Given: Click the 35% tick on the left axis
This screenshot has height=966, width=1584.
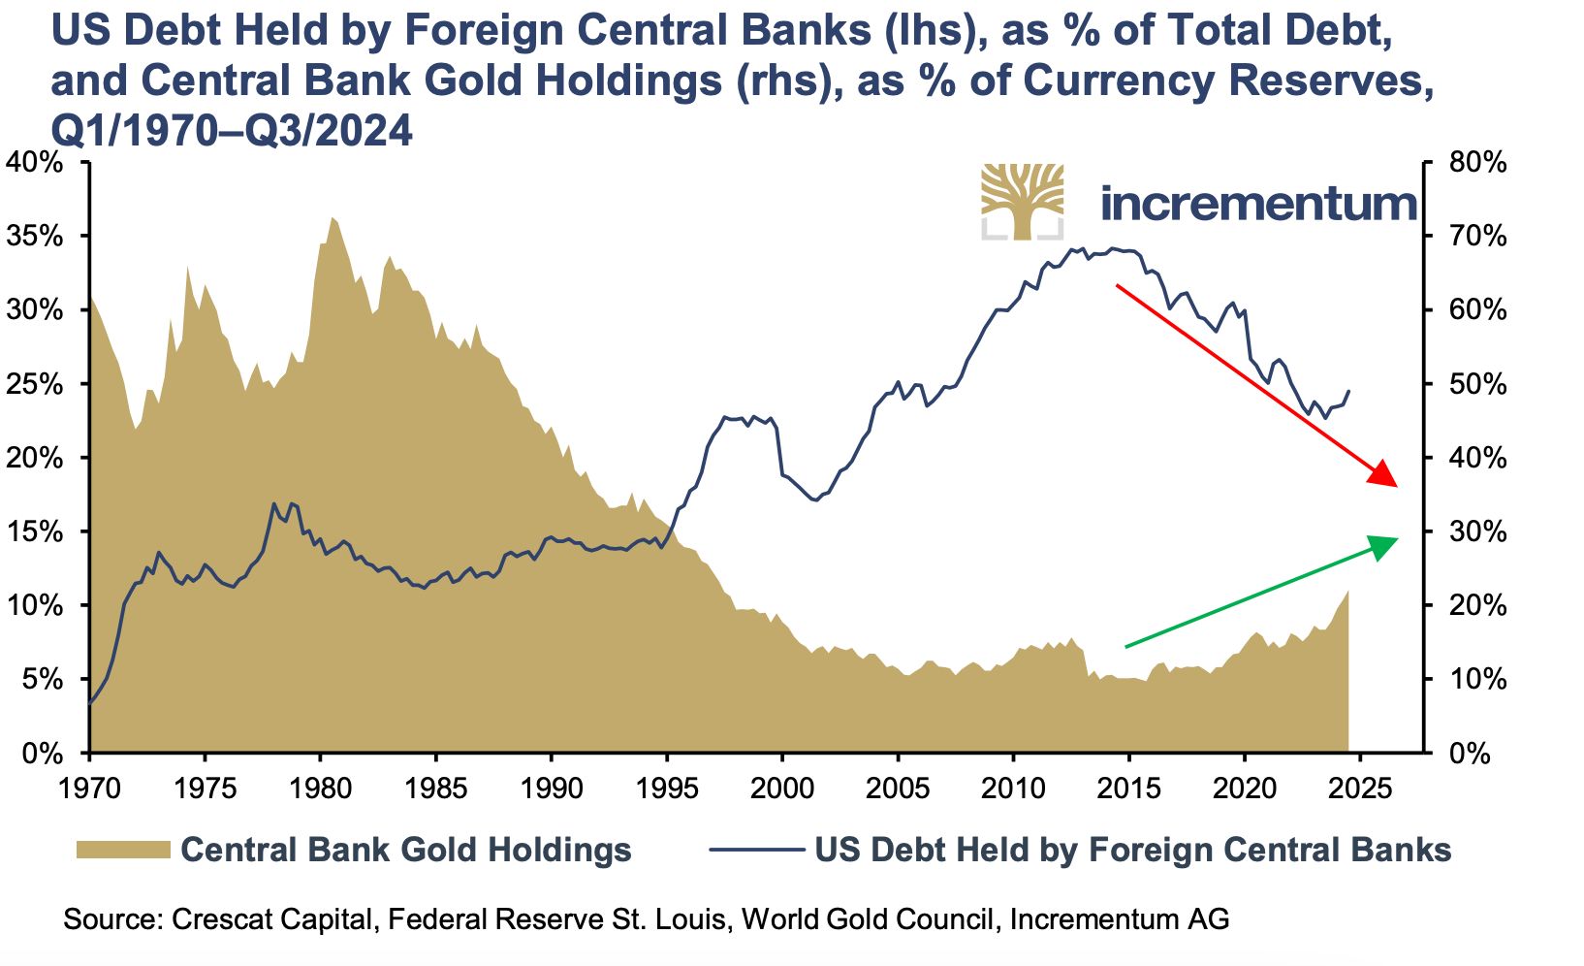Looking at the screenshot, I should tap(37, 237).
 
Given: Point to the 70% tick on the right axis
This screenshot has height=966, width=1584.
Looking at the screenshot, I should tap(1470, 237).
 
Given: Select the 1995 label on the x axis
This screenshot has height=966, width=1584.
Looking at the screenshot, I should tap(667, 787).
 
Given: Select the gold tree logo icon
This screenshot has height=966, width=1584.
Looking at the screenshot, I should tap(1022, 201).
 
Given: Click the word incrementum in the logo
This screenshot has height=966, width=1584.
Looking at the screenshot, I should tap(1258, 203).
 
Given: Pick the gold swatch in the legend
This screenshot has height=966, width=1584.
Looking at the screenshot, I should tap(123, 851).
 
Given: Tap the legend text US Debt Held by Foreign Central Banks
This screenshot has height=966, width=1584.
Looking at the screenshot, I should tap(1132, 851).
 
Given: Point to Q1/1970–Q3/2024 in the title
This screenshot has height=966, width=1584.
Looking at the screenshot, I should tap(232, 130).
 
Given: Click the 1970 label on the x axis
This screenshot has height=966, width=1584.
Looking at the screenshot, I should tap(89, 787).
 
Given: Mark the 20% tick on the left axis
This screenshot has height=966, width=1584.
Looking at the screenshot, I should tap(37, 458).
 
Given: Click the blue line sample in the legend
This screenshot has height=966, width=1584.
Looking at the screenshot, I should tap(756, 851).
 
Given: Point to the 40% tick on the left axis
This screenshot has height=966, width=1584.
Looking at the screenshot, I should tap(37, 163).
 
